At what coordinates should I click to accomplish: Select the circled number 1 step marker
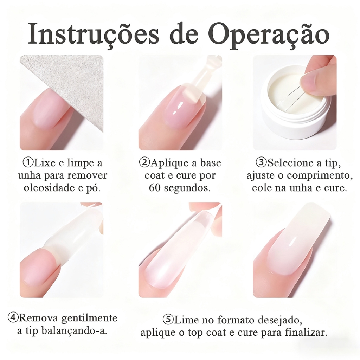(x=28, y=162)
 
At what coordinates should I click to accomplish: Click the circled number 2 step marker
(x=145, y=162)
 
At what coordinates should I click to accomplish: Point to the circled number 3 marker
(x=262, y=162)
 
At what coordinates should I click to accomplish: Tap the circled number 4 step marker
(x=13, y=318)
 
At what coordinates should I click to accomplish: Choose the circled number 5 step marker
(x=168, y=320)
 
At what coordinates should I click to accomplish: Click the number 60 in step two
(x=155, y=188)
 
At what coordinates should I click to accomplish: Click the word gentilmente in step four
(x=90, y=318)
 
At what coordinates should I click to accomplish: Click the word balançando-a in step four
(x=74, y=331)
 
